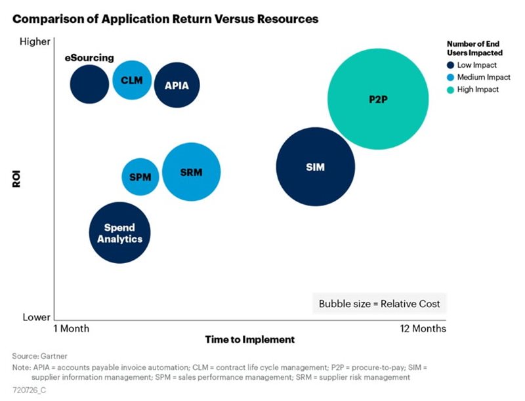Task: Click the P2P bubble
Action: pyautogui.click(x=378, y=100)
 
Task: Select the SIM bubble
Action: pyautogui.click(x=316, y=167)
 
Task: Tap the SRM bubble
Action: pyautogui.click(x=191, y=173)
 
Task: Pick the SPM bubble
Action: pyautogui.click(x=140, y=177)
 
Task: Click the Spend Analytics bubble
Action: pyautogui.click(x=120, y=233)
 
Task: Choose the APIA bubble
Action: pyautogui.click(x=177, y=85)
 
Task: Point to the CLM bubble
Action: pyautogui.click(x=132, y=80)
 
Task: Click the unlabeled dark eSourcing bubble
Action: pyautogui.click(x=89, y=83)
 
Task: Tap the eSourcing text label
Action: pyautogui.click(x=89, y=58)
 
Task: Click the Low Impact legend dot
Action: pyautogui.click(x=450, y=65)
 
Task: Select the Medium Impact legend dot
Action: pyautogui.click(x=450, y=77)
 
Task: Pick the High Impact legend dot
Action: pyautogui.click(x=450, y=89)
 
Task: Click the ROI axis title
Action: pyautogui.click(x=18, y=179)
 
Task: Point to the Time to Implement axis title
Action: pyautogui.click(x=250, y=340)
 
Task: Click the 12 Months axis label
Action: pyautogui.click(x=423, y=328)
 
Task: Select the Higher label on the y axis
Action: pyautogui.click(x=36, y=42)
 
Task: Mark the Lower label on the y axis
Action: pyautogui.click(x=37, y=317)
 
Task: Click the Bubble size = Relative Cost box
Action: pyautogui.click(x=379, y=304)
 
